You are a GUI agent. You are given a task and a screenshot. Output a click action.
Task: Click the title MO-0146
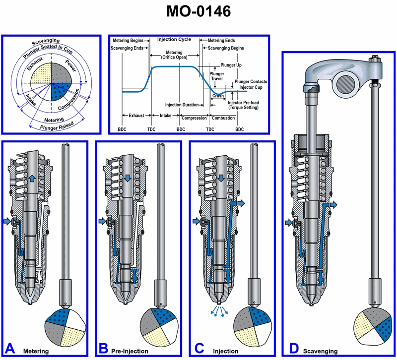click(x=198, y=12)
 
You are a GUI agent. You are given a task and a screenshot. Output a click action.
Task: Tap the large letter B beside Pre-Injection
click(x=104, y=348)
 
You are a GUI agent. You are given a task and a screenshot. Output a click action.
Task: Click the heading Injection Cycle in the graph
click(x=174, y=39)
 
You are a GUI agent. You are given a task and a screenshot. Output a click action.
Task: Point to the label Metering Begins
click(x=127, y=40)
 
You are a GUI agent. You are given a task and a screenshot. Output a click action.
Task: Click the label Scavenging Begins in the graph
click(x=223, y=48)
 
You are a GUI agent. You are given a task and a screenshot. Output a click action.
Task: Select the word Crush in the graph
click(x=218, y=95)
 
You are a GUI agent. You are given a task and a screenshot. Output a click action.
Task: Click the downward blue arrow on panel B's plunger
click(x=128, y=178)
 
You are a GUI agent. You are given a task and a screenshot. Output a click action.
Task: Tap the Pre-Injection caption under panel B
click(x=130, y=351)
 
